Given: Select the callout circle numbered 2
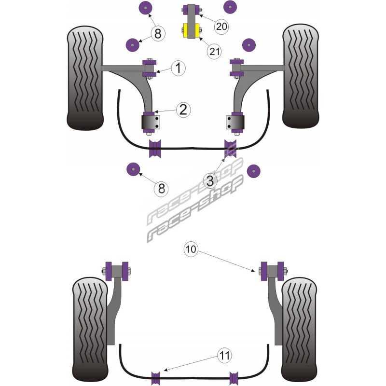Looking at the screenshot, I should click(x=182, y=110).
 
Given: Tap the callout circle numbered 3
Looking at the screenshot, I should click(x=210, y=181).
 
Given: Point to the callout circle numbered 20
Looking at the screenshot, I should click(x=221, y=27).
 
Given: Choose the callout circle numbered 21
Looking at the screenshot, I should click(x=215, y=50).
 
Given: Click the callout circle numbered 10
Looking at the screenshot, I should click(x=191, y=249).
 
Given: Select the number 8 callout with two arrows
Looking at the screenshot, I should click(x=158, y=33).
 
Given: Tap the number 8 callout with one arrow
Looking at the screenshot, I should click(x=161, y=188).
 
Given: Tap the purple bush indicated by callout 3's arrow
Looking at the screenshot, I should click(x=230, y=148).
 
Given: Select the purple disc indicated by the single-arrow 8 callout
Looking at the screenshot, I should click(x=132, y=170).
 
